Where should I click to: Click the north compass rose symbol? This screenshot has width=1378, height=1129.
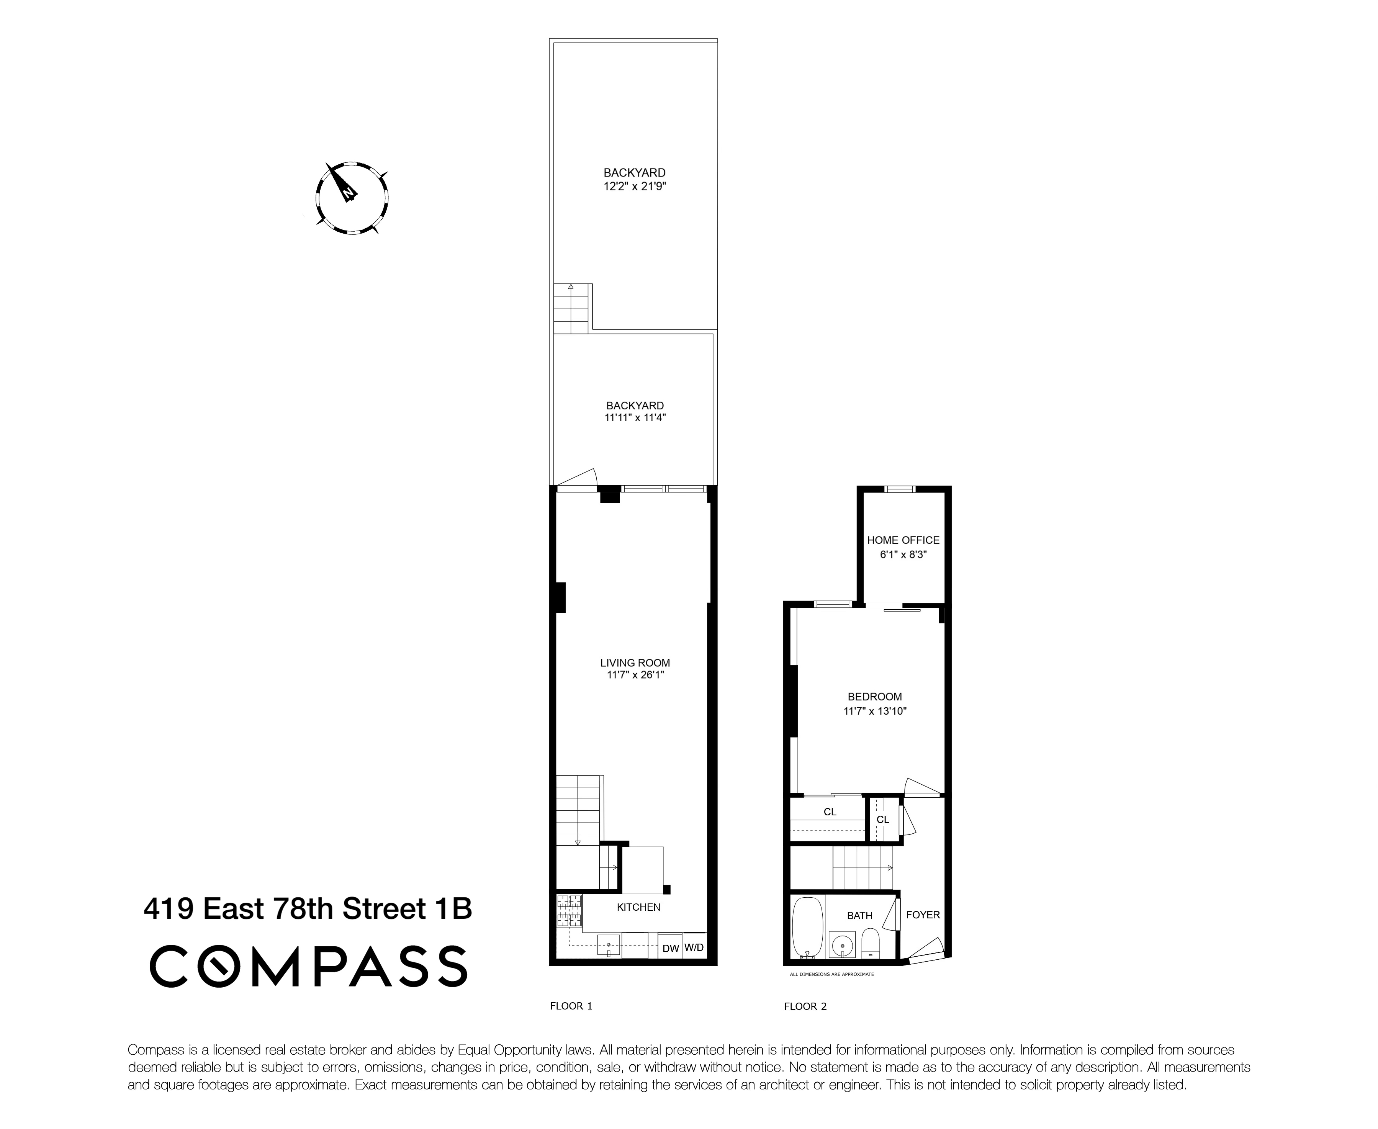pyautogui.click(x=352, y=197)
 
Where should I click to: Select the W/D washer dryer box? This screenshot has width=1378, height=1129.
pyautogui.click(x=694, y=947)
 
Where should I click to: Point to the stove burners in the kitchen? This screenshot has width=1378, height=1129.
pyautogui.click(x=569, y=910)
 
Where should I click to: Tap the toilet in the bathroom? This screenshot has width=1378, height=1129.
pyautogui.click(x=870, y=942)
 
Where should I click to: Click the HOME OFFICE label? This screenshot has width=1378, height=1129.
pyautogui.click(x=903, y=540)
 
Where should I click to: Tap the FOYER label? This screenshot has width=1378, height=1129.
pyautogui.click(x=923, y=915)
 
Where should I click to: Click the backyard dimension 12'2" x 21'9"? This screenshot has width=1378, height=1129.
pyautogui.click(x=634, y=187)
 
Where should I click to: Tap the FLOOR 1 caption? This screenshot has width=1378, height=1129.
pyautogui.click(x=571, y=1006)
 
